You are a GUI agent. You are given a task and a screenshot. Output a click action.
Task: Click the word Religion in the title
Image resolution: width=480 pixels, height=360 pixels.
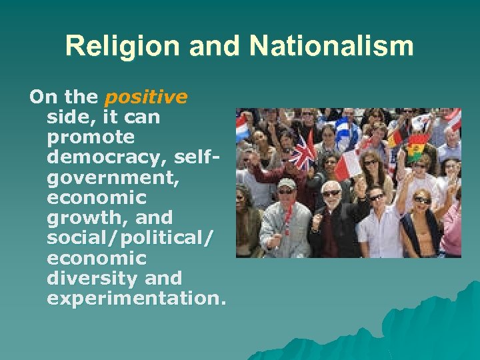click(109, 47)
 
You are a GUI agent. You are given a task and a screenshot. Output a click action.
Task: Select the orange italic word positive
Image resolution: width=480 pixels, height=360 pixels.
click(147, 97)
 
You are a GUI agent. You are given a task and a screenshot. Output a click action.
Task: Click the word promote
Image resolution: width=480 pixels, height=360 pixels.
click(91, 137)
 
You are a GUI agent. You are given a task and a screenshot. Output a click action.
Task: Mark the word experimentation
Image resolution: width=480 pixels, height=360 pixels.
click(133, 297)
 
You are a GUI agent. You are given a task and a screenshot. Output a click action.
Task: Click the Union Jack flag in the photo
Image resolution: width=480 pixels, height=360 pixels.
click(304, 152)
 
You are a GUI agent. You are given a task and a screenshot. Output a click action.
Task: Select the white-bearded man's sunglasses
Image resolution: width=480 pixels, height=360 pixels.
click(331, 193)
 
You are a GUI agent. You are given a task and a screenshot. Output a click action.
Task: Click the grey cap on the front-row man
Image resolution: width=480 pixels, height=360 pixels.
click(287, 183)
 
